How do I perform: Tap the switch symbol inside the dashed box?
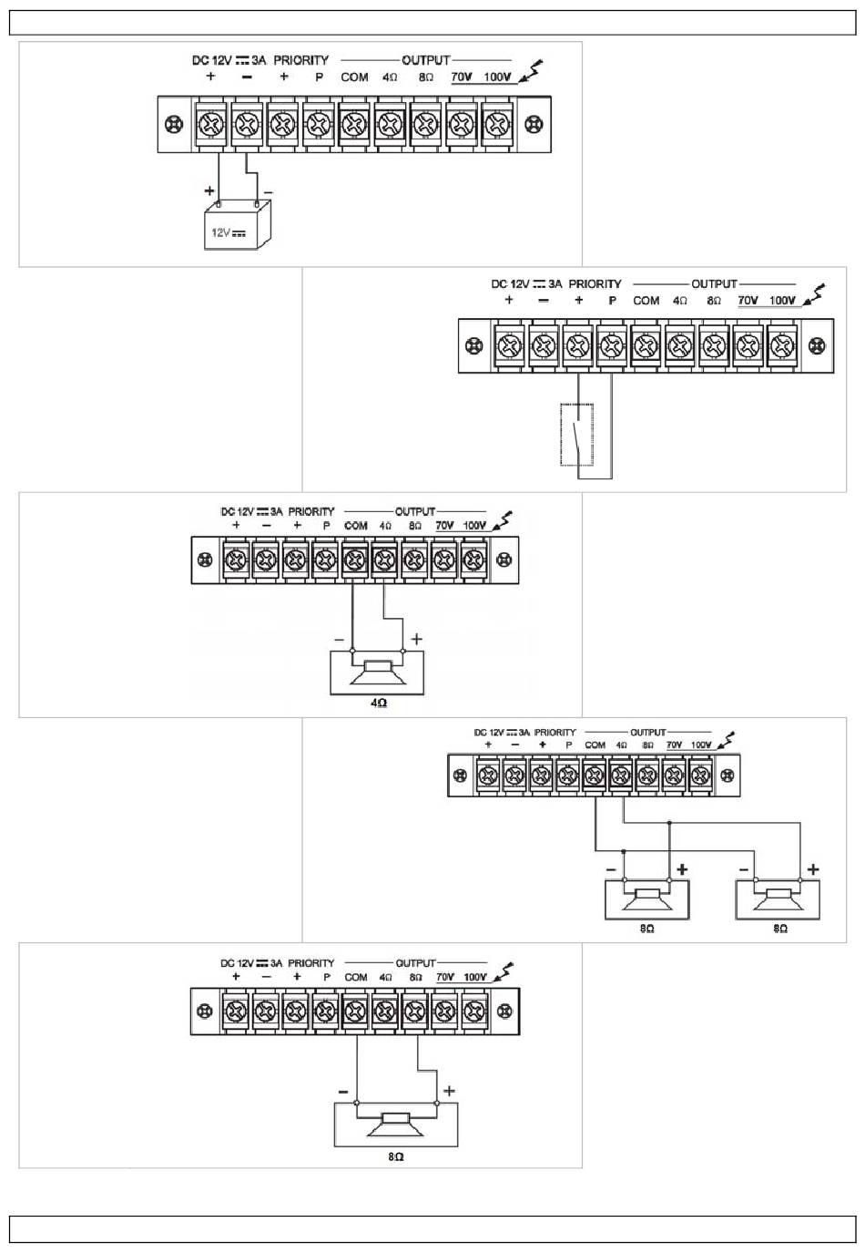(x=576, y=435)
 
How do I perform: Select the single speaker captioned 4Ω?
(x=378, y=673)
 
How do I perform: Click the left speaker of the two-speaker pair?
(x=647, y=899)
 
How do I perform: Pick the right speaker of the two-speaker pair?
(x=778, y=899)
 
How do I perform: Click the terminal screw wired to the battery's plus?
(x=211, y=125)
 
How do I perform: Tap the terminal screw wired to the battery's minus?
(x=247, y=125)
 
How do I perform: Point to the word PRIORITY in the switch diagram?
(x=595, y=284)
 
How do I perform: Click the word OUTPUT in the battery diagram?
(x=425, y=60)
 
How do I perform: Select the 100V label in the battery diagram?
(x=497, y=77)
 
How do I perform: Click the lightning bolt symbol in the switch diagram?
(x=818, y=293)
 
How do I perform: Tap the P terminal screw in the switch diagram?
(x=611, y=346)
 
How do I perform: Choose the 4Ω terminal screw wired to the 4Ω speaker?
(x=384, y=559)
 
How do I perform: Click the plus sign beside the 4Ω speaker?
(x=416, y=640)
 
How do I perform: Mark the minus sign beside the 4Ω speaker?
(x=339, y=640)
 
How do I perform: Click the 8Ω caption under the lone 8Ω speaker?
(x=395, y=1156)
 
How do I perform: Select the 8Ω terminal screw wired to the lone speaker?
(x=415, y=1012)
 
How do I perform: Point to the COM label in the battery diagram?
(x=354, y=77)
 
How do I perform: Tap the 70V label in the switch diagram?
(x=748, y=301)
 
